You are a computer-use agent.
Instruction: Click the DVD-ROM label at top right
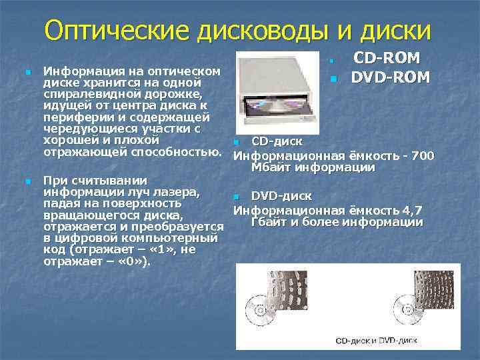391,78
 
